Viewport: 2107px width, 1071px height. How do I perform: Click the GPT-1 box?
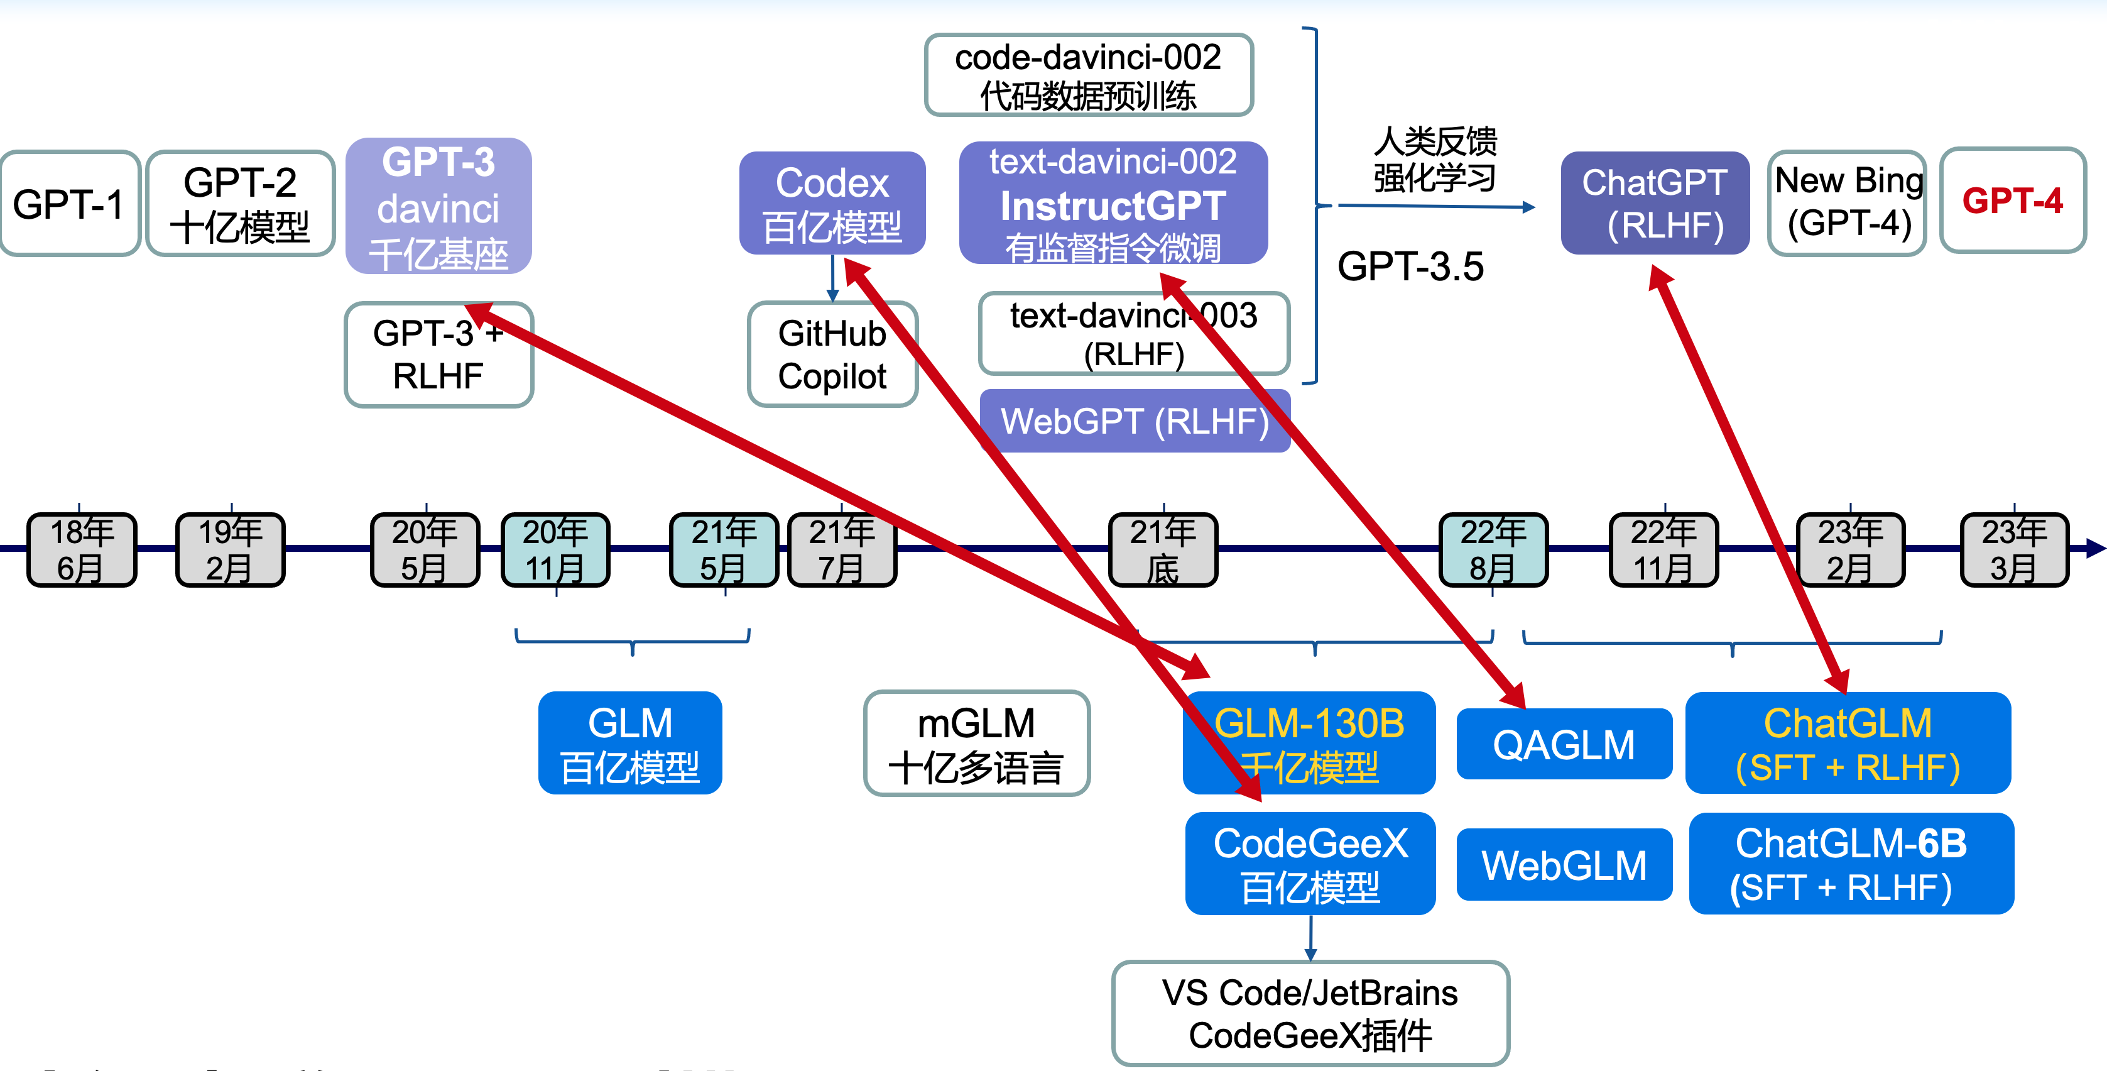pyautogui.click(x=70, y=203)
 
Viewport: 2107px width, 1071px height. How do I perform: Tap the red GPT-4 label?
pyautogui.click(x=2012, y=200)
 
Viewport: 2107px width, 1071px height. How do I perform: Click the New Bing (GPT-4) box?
pyautogui.click(x=1848, y=202)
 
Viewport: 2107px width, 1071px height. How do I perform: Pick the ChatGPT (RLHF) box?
pyautogui.click(x=1655, y=203)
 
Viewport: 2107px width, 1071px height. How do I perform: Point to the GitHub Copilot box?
pyautogui.click(x=832, y=354)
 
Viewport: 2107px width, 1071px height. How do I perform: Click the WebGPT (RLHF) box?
pyautogui.click(x=1135, y=421)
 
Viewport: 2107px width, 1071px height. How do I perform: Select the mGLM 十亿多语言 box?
pyautogui.click(x=977, y=743)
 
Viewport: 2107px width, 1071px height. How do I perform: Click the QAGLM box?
pyautogui.click(x=1564, y=744)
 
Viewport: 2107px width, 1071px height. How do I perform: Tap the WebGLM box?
pyautogui.click(x=1564, y=864)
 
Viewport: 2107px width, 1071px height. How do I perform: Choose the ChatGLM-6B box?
pyautogui.click(x=1851, y=863)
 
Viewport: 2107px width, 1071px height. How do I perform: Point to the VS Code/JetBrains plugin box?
pyautogui.click(x=1310, y=1013)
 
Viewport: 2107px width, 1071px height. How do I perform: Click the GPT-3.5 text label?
pyautogui.click(x=1410, y=266)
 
